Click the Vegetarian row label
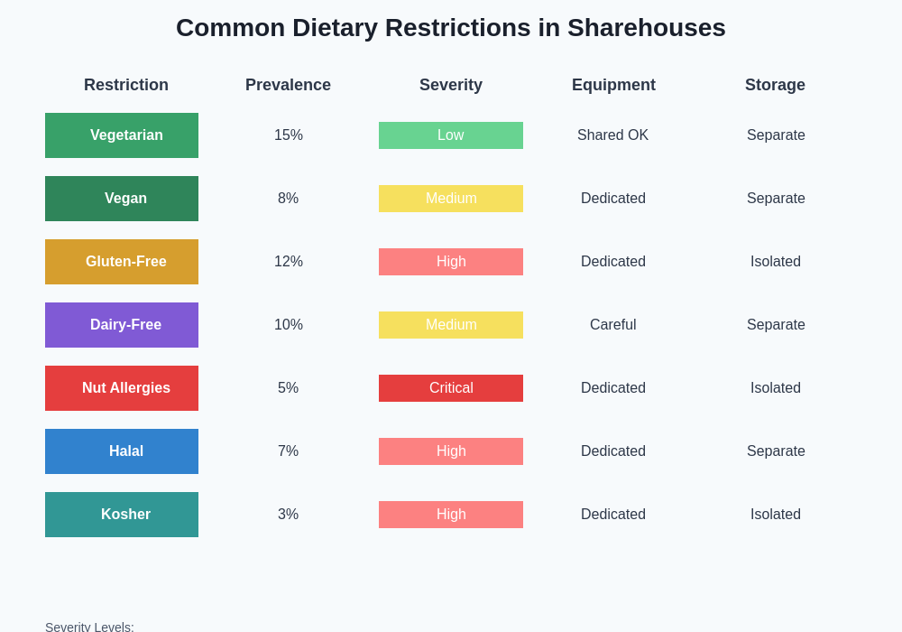click(122, 135)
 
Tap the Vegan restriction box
click(122, 199)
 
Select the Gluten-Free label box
click(122, 262)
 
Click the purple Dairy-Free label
click(122, 325)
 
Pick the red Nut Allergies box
click(122, 388)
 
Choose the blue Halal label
click(122, 451)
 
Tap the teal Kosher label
click(122, 515)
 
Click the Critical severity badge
click(451, 388)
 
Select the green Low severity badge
click(451, 135)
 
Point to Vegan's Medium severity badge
click(451, 199)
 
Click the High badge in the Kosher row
click(451, 515)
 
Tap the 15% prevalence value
click(289, 135)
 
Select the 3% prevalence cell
click(289, 515)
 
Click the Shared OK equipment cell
click(613, 135)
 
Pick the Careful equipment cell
click(613, 325)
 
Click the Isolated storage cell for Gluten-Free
click(776, 262)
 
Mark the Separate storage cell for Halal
click(776, 451)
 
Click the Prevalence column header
click(289, 85)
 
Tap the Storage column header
click(776, 85)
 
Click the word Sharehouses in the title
click(646, 28)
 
